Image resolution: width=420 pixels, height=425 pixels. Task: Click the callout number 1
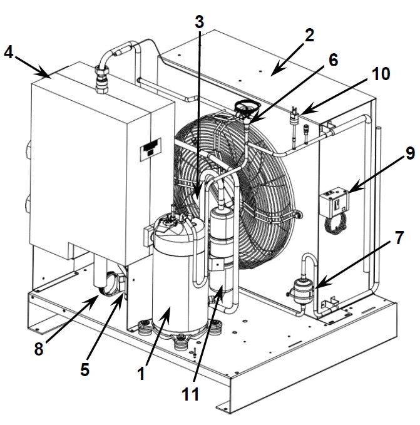point(141,374)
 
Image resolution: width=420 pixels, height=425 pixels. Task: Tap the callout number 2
point(309,35)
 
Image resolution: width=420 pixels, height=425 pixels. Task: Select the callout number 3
point(199,22)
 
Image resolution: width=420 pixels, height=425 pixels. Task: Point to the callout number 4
point(8,52)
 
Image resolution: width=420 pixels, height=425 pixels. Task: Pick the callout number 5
point(85,369)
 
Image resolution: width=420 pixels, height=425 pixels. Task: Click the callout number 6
point(333,59)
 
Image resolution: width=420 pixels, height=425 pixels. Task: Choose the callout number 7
point(399,238)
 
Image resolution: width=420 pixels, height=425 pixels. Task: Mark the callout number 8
point(39,349)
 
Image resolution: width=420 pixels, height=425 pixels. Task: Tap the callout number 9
point(410,153)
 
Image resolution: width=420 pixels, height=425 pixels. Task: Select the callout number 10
point(381,73)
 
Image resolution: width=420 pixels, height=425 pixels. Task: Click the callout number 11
point(190,394)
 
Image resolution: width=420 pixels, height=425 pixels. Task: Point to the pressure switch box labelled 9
point(334,202)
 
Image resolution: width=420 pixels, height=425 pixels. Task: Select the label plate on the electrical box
point(151,150)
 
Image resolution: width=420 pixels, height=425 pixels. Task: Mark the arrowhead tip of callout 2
point(271,75)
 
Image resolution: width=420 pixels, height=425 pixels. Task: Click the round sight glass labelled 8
point(108,284)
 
